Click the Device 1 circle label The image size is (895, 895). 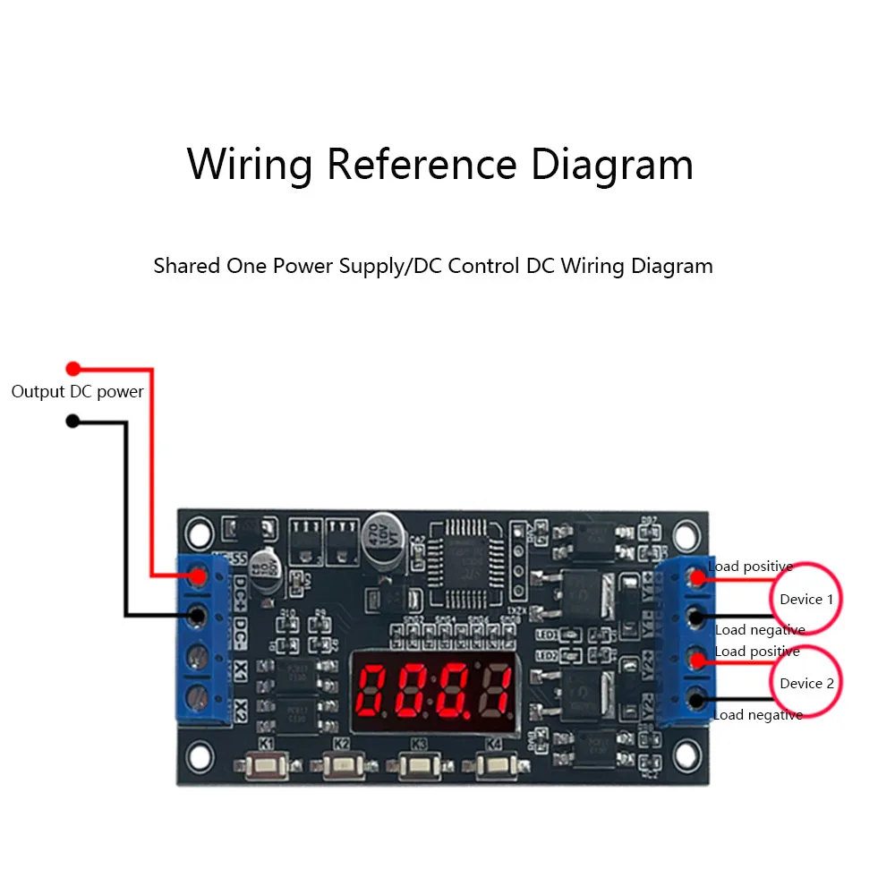(x=806, y=599)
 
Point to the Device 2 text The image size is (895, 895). (x=806, y=683)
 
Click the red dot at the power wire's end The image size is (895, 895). (x=73, y=368)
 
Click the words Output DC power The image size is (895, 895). (x=78, y=392)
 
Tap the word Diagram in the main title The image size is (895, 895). (x=611, y=165)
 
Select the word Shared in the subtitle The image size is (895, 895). (x=183, y=266)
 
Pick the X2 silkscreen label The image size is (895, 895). (x=241, y=709)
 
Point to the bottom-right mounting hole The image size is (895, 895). (x=686, y=760)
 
